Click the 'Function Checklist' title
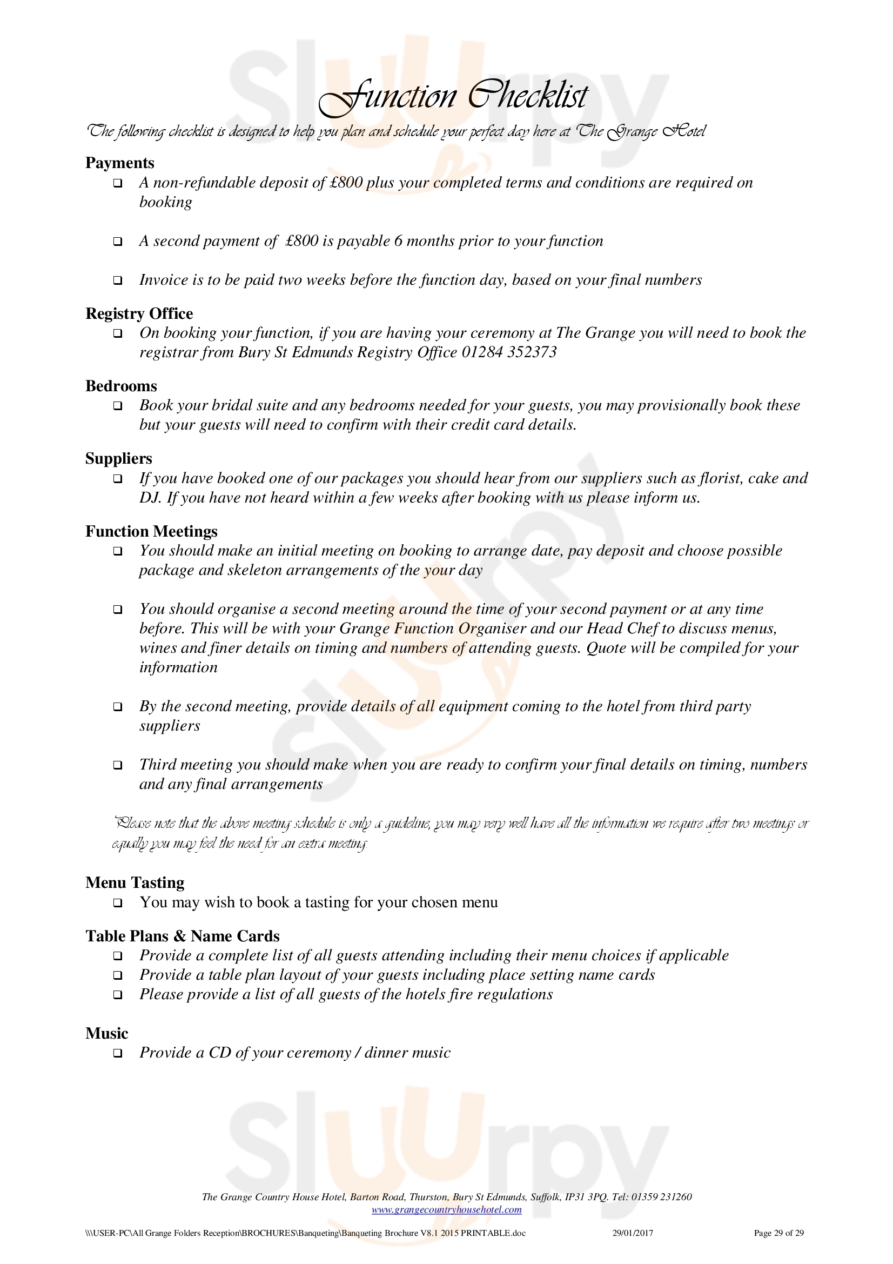453,96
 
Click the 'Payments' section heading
119,163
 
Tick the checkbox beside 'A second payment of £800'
118,242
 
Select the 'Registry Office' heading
139,313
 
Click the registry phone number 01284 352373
509,352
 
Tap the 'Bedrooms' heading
121,386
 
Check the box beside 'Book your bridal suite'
118,406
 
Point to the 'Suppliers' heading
118,459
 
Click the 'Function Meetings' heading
151,531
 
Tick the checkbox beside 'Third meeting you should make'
118,765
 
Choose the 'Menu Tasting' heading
135,882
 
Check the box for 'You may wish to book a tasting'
118,903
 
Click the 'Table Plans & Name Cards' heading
182,936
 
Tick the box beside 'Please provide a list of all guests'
118,995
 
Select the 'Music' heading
107,1033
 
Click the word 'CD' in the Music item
219,1053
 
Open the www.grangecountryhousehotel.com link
446,1209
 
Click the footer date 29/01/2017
633,1233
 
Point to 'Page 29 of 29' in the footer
778,1233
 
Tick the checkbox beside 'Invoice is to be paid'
118,281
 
